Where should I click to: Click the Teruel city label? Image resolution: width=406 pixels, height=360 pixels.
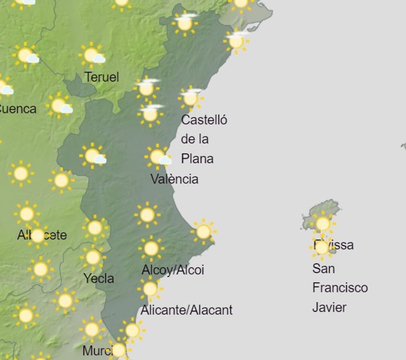pos(101,77)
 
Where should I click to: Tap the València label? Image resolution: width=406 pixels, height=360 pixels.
pos(174,179)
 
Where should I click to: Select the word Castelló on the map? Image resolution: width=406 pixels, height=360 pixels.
pos(204,120)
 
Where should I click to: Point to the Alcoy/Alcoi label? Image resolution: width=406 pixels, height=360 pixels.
pos(173,271)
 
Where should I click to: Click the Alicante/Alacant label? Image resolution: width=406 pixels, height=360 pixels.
pos(187,309)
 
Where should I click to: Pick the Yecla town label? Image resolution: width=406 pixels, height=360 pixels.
pos(99,278)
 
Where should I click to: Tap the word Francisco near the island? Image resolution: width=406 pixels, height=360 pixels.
pos(340,288)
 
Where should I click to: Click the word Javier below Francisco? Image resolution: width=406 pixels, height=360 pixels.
pos(329,307)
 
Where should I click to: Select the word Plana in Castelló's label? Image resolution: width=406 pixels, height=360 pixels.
pos(197,159)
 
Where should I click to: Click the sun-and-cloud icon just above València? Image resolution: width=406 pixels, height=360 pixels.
pos(158,157)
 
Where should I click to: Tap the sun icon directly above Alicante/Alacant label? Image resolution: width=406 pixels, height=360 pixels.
pos(150,289)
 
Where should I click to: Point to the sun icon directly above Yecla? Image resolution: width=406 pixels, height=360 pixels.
pos(93,257)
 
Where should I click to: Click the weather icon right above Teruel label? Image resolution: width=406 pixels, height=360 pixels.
pos(92,56)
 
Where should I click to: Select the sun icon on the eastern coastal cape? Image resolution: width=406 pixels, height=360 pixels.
pos(203,231)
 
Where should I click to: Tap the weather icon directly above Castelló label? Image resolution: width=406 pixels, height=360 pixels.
pos(191,97)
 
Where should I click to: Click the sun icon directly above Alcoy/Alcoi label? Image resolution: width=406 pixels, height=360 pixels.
pos(151,249)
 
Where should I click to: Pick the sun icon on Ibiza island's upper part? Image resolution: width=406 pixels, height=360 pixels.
pos(322,223)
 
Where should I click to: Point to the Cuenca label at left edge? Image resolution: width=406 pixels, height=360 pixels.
pos(17,109)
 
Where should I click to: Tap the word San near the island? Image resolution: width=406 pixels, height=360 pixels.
pos(324,268)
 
